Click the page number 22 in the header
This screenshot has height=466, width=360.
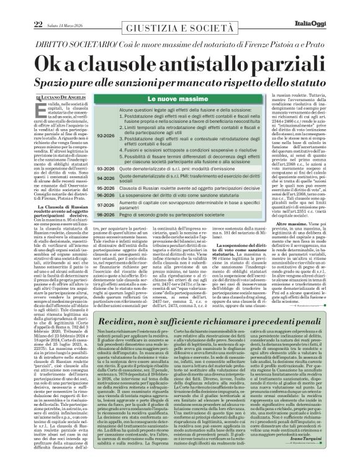pos(20,7)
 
